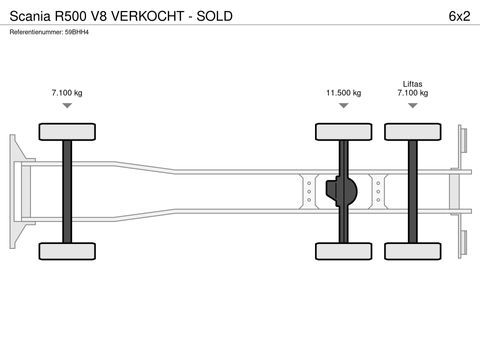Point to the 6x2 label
pos(459,15)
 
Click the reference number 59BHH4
pos(77,33)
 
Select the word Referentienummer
pos(35,33)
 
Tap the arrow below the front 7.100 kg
pos(66,105)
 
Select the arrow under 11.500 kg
pos(343,105)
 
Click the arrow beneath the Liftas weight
pos(412,105)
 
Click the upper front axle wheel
pos(66,131)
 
